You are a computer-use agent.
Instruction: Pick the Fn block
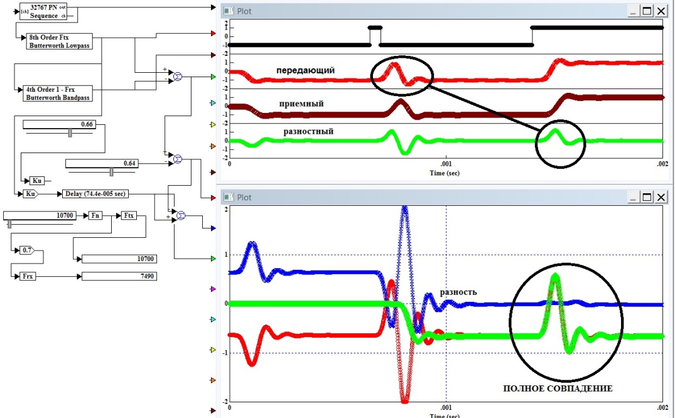click(95, 215)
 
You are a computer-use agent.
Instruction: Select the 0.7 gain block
click(27, 250)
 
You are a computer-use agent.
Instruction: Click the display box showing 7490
click(119, 276)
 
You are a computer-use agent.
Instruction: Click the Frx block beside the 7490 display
click(27, 276)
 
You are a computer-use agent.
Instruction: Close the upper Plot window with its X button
click(661, 10)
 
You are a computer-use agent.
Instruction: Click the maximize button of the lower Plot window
click(647, 197)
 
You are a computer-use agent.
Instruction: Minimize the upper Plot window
click(632, 10)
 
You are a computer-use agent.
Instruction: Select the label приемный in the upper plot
click(301, 103)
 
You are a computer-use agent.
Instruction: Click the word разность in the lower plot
click(458, 292)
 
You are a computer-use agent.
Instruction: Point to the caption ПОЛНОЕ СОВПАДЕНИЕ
click(558, 389)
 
